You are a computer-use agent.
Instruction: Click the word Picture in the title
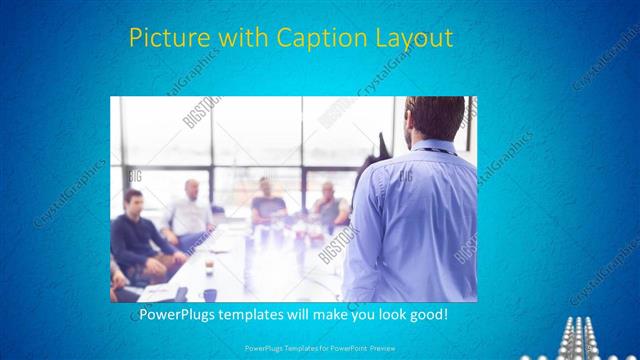[169, 39]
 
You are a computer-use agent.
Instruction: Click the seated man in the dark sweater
[134, 235]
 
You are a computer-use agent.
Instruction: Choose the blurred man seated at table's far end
[266, 200]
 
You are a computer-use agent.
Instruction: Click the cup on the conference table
[209, 267]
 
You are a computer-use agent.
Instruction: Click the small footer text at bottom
[319, 351]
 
